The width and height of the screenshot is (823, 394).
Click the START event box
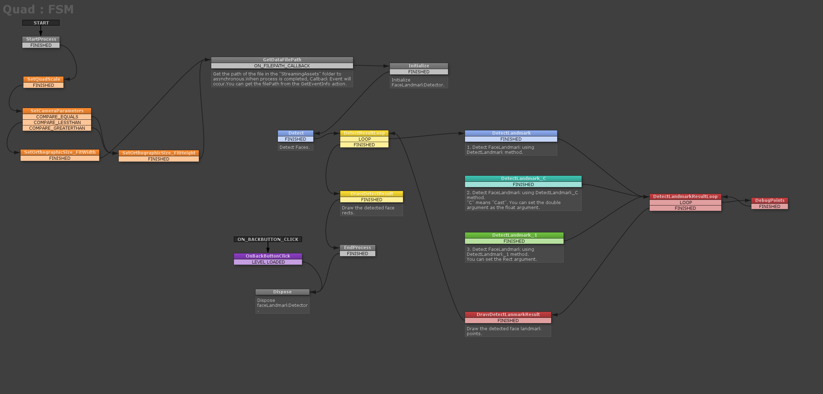41,23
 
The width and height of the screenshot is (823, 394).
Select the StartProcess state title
41,39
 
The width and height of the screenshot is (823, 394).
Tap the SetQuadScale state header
43,79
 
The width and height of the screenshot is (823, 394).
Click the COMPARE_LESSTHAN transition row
57,123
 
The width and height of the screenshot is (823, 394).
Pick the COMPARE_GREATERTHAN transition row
57,128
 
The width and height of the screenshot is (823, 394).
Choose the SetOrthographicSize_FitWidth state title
60,152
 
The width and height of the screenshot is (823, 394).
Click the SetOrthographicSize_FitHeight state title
158,153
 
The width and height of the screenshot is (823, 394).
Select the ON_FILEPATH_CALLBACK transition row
282,66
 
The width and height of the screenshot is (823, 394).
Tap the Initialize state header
419,66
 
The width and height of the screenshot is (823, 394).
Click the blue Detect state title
296,133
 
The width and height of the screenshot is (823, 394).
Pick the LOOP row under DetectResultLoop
364,139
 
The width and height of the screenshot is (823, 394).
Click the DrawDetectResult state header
371,194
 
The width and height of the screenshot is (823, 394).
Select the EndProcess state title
357,248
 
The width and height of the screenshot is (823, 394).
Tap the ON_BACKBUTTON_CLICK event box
268,240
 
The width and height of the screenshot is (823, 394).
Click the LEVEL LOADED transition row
268,262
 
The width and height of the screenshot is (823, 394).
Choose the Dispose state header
282,292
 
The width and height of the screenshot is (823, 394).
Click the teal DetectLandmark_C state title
523,179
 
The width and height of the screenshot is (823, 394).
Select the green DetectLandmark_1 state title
514,235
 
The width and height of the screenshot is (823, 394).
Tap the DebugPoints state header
769,201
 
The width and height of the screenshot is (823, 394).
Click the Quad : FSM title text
38,9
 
